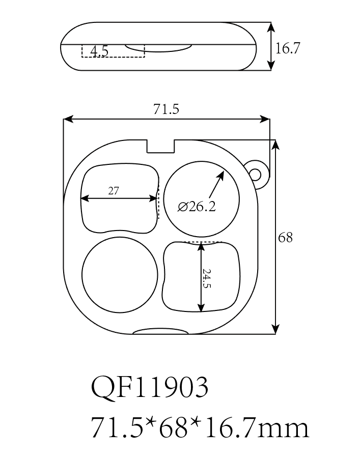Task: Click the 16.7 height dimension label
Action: coord(288,48)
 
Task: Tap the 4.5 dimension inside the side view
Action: coord(99,51)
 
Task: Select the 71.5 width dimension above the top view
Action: coord(166,109)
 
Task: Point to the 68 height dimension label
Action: coord(286,237)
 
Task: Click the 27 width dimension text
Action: coord(114,191)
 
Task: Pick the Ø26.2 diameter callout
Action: coord(197,206)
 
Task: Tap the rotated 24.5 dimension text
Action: coord(206,278)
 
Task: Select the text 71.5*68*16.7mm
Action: coord(199,427)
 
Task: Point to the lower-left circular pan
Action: coord(120,274)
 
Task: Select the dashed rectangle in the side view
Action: coord(113,51)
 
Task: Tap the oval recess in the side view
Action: coord(158,47)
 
